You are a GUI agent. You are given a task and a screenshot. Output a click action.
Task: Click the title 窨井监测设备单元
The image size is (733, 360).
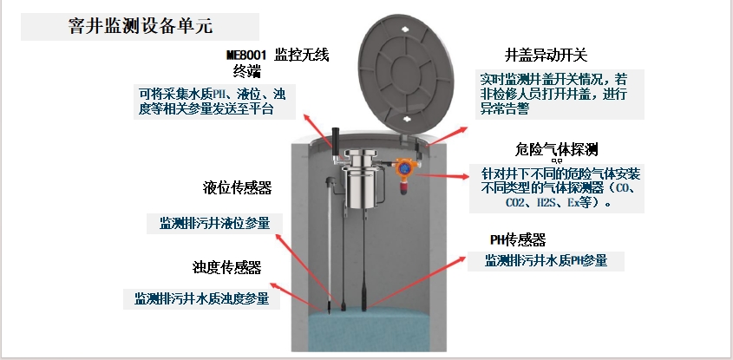[x=141, y=26]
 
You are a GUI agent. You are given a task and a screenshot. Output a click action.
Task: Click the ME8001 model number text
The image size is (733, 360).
[x=246, y=56]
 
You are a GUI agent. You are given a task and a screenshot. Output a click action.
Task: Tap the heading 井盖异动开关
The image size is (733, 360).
[x=546, y=56]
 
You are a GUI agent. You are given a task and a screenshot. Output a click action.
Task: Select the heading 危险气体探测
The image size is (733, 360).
[x=556, y=149]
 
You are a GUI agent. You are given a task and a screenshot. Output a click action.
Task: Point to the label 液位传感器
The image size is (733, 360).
[x=238, y=188]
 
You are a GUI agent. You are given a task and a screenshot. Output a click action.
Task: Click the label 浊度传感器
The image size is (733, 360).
[x=226, y=267]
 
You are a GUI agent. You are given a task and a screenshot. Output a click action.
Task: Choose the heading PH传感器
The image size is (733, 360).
[x=518, y=239]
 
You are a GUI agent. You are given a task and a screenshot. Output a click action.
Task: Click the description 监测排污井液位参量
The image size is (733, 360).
[x=214, y=223]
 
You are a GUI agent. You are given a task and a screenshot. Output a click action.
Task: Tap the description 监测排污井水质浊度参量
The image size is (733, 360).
[x=202, y=298]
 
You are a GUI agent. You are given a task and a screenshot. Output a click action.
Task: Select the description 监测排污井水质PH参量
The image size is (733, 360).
[x=546, y=260]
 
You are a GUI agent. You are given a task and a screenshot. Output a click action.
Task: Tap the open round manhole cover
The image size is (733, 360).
[x=406, y=74]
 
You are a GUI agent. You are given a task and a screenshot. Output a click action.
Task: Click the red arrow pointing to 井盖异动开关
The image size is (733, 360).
[x=447, y=136]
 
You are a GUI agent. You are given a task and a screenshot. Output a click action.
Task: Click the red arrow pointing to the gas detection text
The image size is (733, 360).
[x=442, y=176]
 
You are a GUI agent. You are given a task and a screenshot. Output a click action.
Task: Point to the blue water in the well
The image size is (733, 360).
[x=369, y=330]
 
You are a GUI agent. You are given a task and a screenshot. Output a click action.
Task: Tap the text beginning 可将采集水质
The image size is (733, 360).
[x=212, y=101]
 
